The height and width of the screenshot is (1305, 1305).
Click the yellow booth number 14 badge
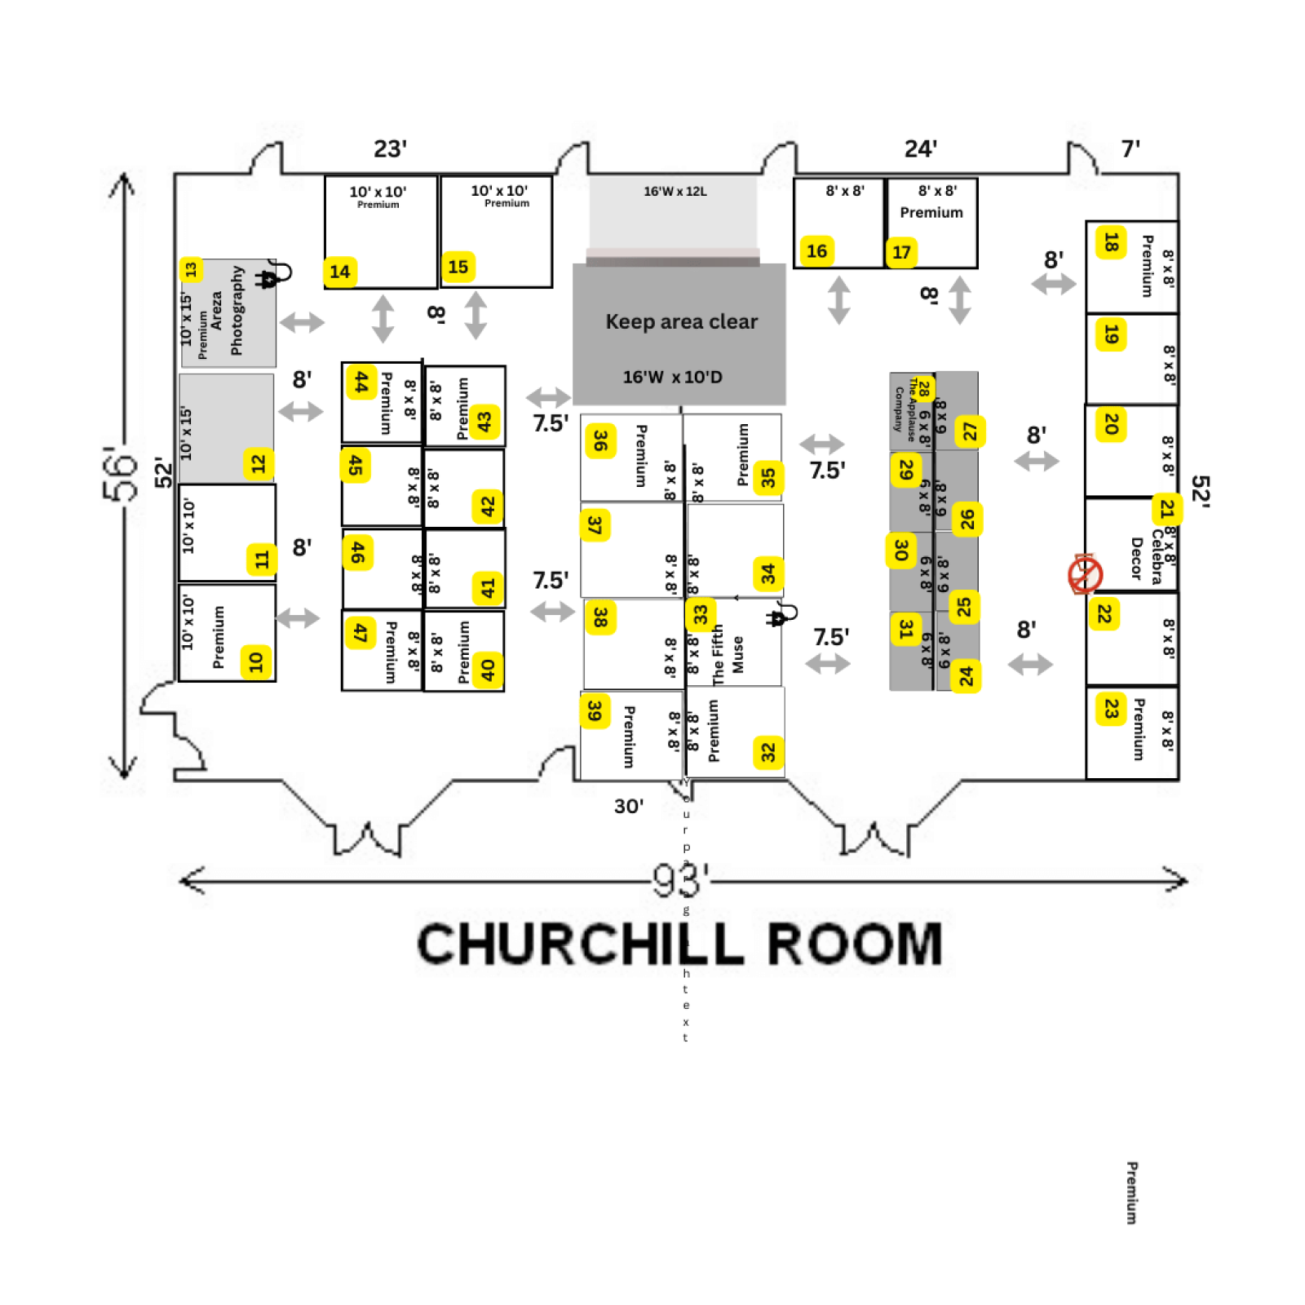[x=339, y=272]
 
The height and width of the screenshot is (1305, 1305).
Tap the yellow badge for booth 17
[x=900, y=252]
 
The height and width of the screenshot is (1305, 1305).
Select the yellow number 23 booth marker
[x=1110, y=708]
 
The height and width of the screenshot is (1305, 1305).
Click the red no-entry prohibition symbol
[x=1085, y=574]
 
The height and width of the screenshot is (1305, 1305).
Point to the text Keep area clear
[x=681, y=321]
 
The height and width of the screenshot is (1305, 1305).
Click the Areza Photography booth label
[x=226, y=311]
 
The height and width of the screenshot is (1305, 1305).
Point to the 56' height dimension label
[x=120, y=473]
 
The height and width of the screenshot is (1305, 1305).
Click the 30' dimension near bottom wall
[x=628, y=806]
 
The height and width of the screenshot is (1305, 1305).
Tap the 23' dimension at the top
[x=390, y=149]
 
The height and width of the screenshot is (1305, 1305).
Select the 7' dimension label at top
[x=1130, y=149]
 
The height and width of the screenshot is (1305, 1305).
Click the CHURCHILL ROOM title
[x=679, y=944]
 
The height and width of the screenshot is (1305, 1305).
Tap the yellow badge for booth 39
[x=594, y=710]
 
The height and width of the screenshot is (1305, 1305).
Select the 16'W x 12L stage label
[x=675, y=192]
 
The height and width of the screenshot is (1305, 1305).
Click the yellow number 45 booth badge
[x=355, y=465]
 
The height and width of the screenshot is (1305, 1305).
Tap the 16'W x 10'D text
[x=672, y=377]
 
